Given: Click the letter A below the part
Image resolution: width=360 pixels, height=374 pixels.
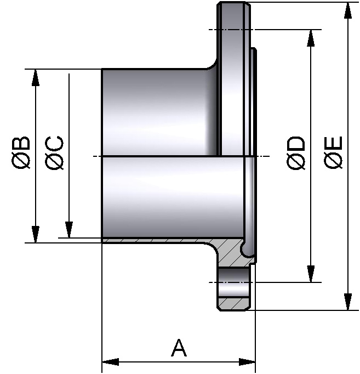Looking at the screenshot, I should [179, 348].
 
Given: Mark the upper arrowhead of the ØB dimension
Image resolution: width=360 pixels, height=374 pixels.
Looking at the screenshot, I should [36, 77].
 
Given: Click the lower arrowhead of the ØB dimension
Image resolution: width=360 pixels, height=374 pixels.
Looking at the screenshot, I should [36, 234].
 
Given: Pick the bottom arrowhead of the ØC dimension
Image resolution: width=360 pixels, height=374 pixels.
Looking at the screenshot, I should [69, 230].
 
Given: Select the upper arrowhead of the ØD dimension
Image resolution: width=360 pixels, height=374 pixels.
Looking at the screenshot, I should [311, 38].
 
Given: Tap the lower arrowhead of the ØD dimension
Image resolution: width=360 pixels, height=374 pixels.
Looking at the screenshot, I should [311, 274].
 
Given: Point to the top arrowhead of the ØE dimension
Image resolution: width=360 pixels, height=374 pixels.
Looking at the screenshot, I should [347, 10].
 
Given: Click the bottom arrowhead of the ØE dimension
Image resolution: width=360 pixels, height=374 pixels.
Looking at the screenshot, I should [347, 302].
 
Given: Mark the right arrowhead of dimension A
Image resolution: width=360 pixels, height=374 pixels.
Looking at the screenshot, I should [247, 362].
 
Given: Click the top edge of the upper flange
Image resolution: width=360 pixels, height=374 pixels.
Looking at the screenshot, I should [235, 3].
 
